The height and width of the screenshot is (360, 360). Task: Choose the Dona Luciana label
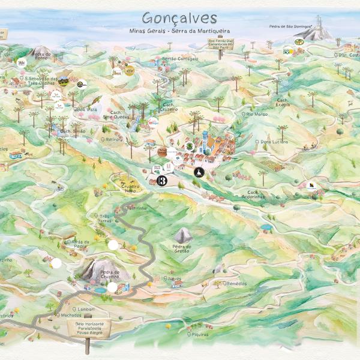point(274,142)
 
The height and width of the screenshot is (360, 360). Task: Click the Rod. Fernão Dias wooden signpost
point(220,43)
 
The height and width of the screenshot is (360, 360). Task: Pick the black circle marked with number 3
point(161,181)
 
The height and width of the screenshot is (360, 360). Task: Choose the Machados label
point(71,315)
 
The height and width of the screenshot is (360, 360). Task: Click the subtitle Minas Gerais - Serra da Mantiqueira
point(179,30)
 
